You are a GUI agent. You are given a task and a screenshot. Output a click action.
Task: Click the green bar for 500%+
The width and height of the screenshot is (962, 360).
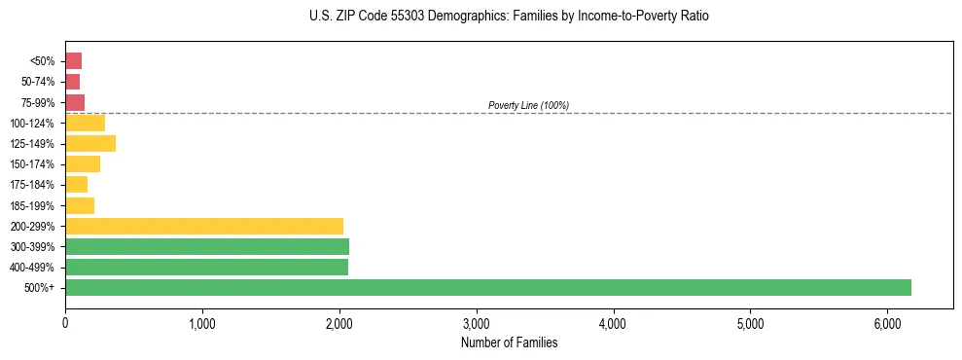pyautogui.click(x=488, y=287)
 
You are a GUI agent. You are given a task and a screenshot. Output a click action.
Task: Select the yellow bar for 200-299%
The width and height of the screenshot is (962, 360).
pyautogui.click(x=204, y=226)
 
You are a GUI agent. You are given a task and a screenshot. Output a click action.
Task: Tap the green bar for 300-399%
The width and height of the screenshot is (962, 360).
pyautogui.click(x=207, y=246)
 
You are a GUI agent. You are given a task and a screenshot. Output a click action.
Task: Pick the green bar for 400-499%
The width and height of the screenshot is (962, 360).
pyautogui.click(x=206, y=267)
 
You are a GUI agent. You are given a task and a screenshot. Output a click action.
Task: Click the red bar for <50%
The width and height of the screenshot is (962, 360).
pyautogui.click(x=74, y=61)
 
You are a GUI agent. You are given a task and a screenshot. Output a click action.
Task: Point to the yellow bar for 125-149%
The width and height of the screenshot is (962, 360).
pyautogui.click(x=90, y=143)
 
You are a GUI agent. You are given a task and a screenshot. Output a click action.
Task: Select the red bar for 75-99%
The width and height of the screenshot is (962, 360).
pyautogui.click(x=75, y=102)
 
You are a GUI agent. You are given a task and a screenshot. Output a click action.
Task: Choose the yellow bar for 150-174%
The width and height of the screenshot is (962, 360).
pyautogui.click(x=83, y=163)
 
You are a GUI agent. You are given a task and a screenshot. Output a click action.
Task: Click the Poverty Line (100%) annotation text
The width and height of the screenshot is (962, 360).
pyautogui.click(x=528, y=105)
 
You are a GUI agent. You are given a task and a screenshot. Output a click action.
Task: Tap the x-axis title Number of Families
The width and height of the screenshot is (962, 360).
pyautogui.click(x=509, y=342)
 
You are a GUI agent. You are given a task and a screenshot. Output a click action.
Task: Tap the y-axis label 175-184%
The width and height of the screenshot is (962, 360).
pyautogui.click(x=32, y=185)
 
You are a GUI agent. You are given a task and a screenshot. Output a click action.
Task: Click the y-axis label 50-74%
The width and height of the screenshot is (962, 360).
pyautogui.click(x=36, y=82)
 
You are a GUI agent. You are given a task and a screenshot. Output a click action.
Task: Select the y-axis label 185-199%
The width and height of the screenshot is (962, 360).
pyautogui.click(x=32, y=205)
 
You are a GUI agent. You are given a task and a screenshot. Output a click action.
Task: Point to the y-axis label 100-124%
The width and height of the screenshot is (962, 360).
pyautogui.click(x=32, y=124)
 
